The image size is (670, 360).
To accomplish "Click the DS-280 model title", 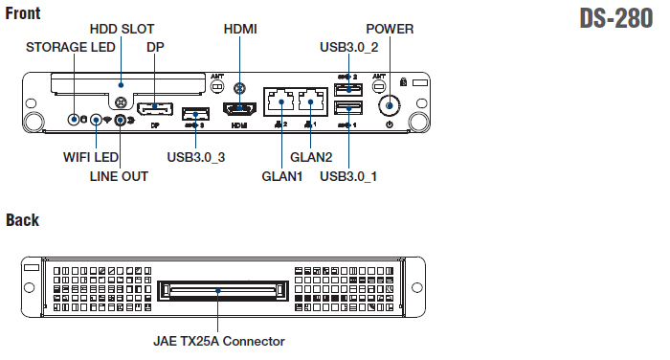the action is (615, 19).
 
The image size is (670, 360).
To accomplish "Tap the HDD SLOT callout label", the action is (122, 29).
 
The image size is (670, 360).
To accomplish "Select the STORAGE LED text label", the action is (71, 47).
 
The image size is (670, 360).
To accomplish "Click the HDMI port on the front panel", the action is (239, 108).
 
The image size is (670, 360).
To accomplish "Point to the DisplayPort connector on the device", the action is (155, 108).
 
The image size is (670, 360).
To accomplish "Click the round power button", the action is (390, 105).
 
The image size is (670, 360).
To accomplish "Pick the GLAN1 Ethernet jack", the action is (281, 101).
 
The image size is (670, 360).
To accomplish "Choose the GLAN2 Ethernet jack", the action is (311, 101).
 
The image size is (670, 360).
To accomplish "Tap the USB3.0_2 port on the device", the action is (348, 89).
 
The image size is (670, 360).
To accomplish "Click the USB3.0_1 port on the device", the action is (348, 108).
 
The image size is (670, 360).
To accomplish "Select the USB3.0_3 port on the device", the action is (195, 114).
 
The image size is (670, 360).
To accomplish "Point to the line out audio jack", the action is (121, 120).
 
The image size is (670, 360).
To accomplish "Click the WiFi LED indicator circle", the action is (96, 120).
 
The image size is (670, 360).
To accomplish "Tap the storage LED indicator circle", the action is (74, 120).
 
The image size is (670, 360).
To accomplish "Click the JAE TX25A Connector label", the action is (219, 341).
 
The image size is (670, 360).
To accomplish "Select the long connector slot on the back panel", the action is (223, 291).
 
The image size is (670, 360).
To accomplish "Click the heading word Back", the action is (23, 220).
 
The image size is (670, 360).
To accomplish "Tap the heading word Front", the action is (23, 13).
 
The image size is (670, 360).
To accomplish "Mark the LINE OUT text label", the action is (119, 176).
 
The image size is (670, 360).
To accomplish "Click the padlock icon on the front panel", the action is (403, 81).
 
